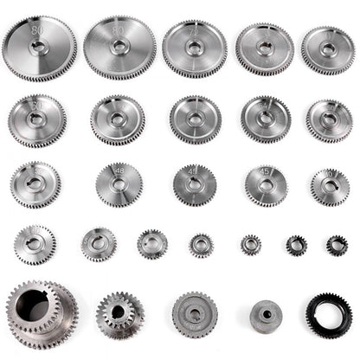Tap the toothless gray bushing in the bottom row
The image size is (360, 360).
[x=264, y=313]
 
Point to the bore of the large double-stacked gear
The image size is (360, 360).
[x=33, y=304]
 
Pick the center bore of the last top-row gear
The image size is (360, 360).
[x=328, y=49]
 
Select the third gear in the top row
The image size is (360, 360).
[x=194, y=48]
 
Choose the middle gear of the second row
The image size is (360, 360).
[x=196, y=118]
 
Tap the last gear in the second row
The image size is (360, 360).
[x=329, y=119]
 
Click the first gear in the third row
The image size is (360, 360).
[x=35, y=183]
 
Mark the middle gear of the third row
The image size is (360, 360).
[x=195, y=183]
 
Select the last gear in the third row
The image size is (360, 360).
[x=330, y=186]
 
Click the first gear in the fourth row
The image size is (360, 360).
[x=35, y=244]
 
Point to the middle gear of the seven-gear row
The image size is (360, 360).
[x=202, y=245]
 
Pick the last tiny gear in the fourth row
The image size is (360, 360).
[x=337, y=245]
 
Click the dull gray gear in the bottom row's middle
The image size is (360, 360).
[x=195, y=312]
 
